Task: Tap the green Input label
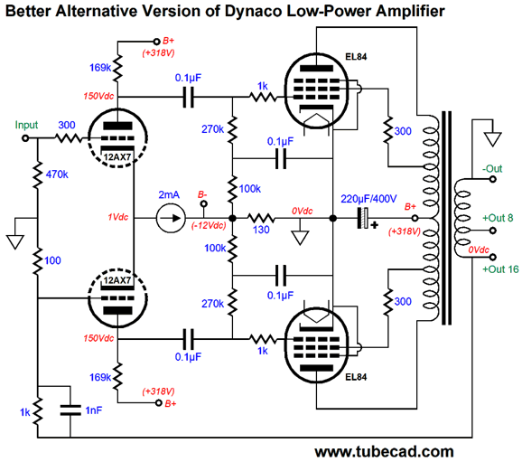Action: pyautogui.click(x=26, y=125)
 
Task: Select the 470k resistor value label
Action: pyautogui.click(x=57, y=174)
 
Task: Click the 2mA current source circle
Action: pyautogui.click(x=171, y=218)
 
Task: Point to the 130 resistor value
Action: pyautogui.click(x=261, y=230)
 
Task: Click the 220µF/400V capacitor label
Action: pyautogui.click(x=368, y=199)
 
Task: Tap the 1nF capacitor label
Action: pyautogui.click(x=94, y=410)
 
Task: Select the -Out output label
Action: pyautogui.click(x=492, y=169)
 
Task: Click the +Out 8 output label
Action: pyautogui.click(x=498, y=218)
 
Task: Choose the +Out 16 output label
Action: pyautogui.click(x=500, y=269)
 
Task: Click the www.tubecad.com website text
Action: pyautogui.click(x=384, y=452)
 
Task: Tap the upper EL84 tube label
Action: pyautogui.click(x=356, y=57)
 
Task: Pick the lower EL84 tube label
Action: pyautogui.click(x=356, y=377)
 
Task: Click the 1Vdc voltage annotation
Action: pyautogui.click(x=117, y=217)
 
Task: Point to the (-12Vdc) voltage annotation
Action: pyautogui.click(x=209, y=226)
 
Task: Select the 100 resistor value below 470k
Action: pyautogui.click(x=52, y=260)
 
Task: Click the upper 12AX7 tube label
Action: pyautogui.click(x=117, y=156)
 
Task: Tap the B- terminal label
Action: pyautogui.click(x=202, y=194)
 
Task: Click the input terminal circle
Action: pyautogui.click(x=25, y=138)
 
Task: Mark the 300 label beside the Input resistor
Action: pyautogui.click(x=67, y=125)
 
